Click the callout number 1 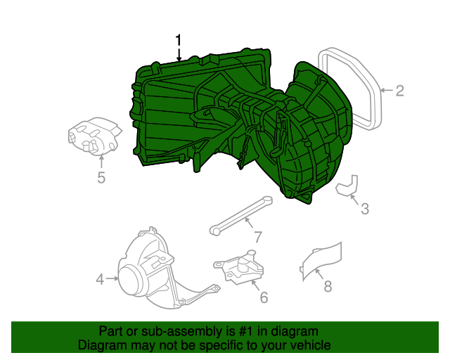[179, 39]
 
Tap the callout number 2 [399, 91]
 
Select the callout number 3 [364, 208]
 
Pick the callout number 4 [100, 279]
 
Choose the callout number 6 [264, 297]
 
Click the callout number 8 [328, 285]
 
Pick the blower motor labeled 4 [144, 271]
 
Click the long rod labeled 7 [240, 214]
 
